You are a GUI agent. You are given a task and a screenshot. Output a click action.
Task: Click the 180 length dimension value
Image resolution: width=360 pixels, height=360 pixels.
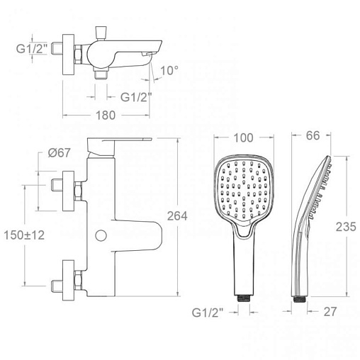tap(106, 116)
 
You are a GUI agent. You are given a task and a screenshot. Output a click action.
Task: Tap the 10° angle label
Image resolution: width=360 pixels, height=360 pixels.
tap(169, 70)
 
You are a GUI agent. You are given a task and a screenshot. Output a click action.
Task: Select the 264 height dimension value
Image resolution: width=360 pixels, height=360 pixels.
tap(177, 216)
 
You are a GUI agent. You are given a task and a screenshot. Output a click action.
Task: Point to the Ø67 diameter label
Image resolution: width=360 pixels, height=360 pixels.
tap(59, 152)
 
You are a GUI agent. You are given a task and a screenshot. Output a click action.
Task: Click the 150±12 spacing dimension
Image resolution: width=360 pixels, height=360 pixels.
tap(24, 235)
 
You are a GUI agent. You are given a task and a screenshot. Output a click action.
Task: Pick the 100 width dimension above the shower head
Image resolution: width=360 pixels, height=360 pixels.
tap(243, 137)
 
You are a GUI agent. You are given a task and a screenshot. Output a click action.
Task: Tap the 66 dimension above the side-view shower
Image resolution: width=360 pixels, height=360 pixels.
tap(313, 135)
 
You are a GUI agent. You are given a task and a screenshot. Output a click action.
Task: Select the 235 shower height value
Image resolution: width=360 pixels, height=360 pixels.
tap(346, 227)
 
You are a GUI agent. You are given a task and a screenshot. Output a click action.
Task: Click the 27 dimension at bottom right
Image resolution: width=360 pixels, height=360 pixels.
tap(330, 312)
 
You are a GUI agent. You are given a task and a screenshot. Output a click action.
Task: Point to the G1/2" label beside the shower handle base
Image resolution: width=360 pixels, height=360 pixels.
tap(208, 313)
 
